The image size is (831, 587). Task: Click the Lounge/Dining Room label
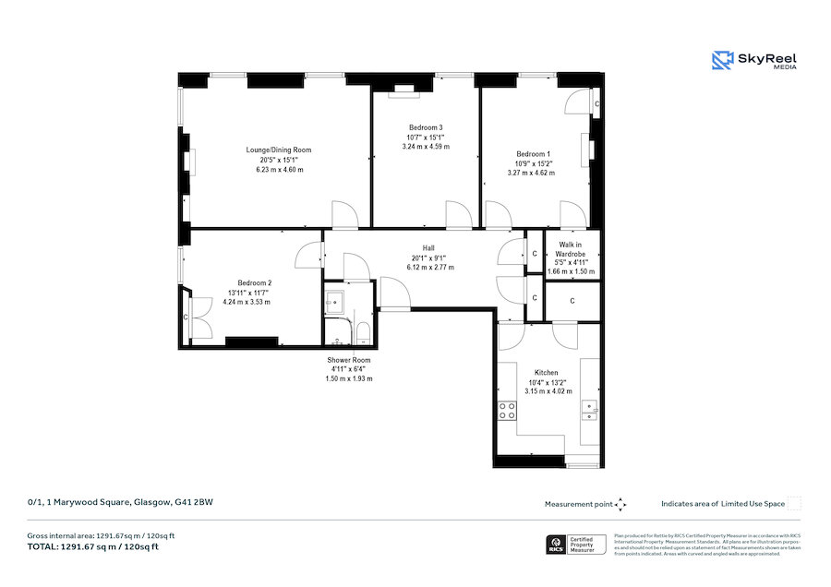[278, 150]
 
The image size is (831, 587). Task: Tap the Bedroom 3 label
[426, 126]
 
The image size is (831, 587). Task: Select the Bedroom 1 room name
[533, 153]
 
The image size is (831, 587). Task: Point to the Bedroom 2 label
[254, 282]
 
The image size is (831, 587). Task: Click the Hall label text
[428, 247]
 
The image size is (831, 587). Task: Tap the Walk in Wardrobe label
[571, 249]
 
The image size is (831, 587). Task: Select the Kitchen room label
[547, 372]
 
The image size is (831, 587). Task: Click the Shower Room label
[348, 360]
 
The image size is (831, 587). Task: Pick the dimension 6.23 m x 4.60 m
[279, 170]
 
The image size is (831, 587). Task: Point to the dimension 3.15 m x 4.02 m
[547, 391]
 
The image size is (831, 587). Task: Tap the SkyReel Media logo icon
[721, 61]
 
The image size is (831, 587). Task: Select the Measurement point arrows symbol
[620, 504]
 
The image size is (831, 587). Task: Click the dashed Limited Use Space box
[794, 504]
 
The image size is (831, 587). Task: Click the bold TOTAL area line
[92, 546]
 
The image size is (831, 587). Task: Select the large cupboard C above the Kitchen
[572, 301]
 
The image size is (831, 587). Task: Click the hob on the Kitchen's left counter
[507, 411]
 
